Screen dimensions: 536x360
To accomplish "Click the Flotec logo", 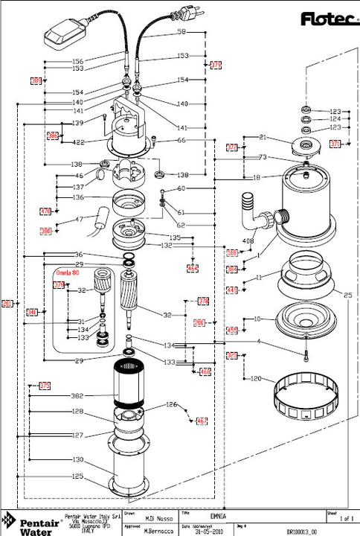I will pyautogui.click(x=327, y=19).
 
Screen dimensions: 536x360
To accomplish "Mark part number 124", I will pyautogui.click(x=335, y=119).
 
